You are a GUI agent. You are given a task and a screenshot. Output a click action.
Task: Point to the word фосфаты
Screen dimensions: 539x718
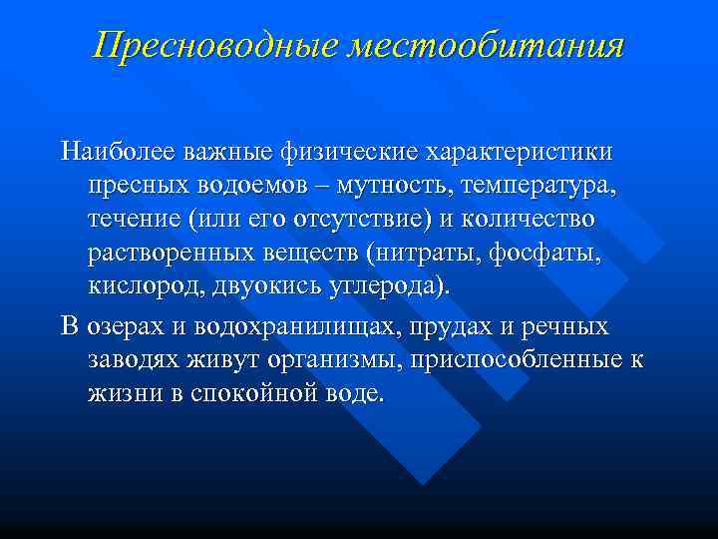545,252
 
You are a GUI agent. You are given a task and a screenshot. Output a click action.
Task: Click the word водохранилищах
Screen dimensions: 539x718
312,328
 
